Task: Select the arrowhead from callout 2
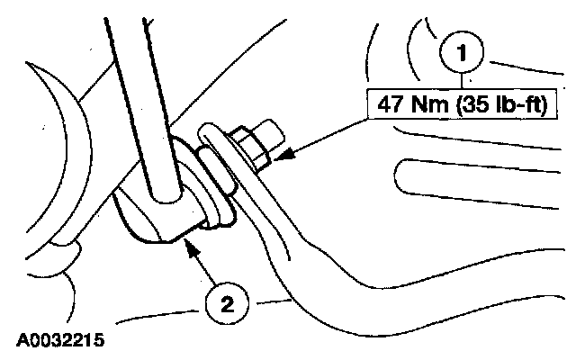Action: tap(190, 248)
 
